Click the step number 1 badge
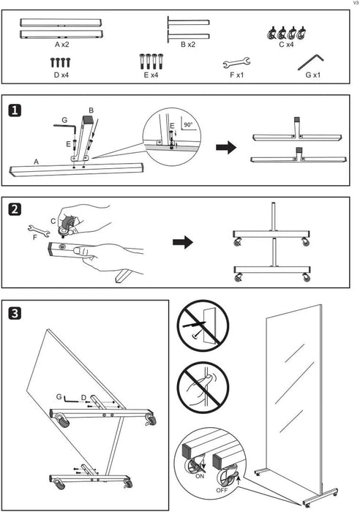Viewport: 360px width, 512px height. coord(15,110)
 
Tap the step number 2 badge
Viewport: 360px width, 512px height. coord(15,209)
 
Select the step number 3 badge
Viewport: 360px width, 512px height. coord(15,314)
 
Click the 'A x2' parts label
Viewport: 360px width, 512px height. coord(61,45)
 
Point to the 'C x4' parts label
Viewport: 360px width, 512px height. coord(286,45)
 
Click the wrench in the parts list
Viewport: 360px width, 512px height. coord(236,63)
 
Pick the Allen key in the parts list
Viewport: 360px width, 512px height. coord(310,61)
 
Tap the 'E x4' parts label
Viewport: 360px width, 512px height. coord(151,75)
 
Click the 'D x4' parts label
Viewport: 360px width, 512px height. coord(61,75)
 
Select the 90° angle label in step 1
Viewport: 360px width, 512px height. coord(188,124)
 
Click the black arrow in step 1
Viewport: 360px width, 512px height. coord(226,147)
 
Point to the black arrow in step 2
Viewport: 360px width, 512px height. coord(183,242)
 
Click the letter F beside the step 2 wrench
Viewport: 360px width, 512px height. coord(35,237)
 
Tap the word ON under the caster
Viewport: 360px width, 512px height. coord(200,476)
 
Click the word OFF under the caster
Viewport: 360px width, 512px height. coord(222,490)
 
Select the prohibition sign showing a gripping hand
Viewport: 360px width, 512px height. coord(203,388)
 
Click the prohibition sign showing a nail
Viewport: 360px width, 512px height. coord(203,326)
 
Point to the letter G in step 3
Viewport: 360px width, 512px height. coord(59,396)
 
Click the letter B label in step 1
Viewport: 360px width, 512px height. coord(91,110)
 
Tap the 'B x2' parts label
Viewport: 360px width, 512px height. coord(188,45)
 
